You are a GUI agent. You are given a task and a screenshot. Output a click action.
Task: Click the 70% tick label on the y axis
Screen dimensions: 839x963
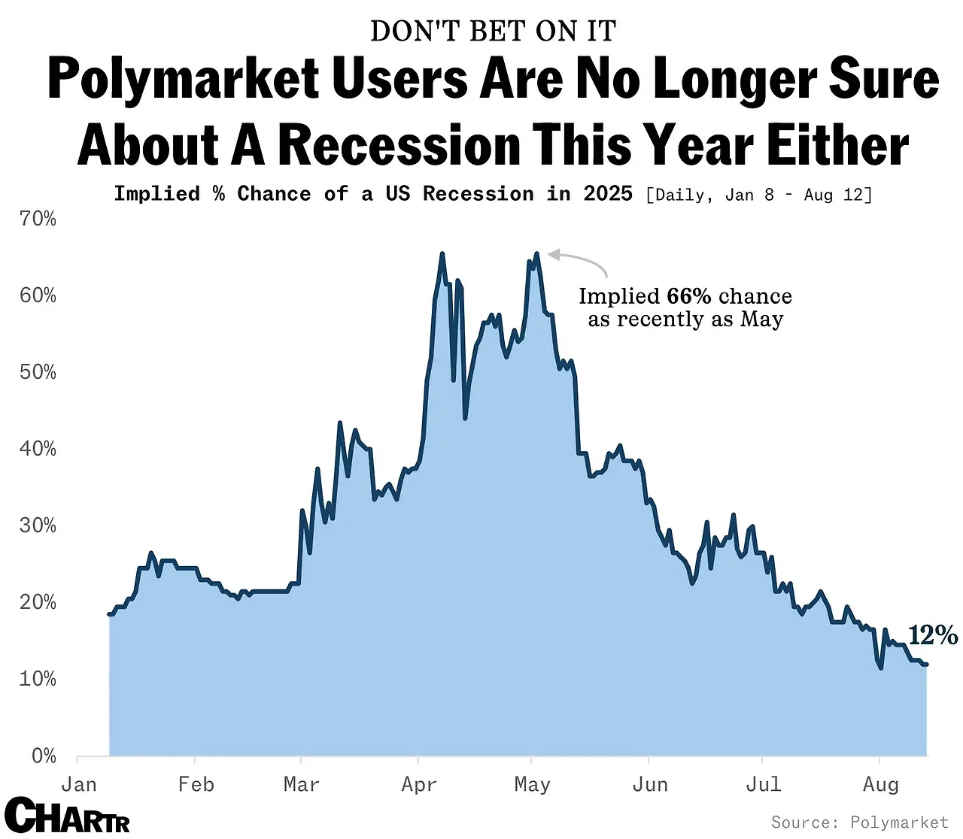tap(38, 219)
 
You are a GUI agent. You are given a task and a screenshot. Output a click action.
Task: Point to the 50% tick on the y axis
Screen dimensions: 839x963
tap(38, 372)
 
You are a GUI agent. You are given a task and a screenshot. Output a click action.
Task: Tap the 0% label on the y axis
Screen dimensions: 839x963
tap(44, 756)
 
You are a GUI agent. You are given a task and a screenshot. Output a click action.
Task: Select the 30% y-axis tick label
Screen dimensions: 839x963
tap(38, 526)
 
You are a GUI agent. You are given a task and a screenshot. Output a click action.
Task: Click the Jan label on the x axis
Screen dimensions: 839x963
tap(79, 784)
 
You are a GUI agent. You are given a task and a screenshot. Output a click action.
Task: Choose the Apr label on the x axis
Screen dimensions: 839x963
tap(419, 784)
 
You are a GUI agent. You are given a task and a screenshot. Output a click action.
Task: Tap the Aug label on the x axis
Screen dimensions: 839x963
tap(880, 784)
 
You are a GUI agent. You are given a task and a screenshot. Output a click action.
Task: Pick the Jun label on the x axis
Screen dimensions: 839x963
tap(650, 784)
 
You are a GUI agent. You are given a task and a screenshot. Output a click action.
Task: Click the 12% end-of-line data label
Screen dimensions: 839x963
tap(933, 635)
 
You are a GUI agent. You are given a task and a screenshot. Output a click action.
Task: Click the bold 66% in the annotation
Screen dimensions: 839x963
tap(688, 296)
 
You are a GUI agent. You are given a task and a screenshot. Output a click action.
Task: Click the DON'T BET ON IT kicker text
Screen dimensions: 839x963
tap(494, 31)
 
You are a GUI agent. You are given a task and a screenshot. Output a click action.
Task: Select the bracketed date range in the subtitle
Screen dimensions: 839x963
tap(759, 195)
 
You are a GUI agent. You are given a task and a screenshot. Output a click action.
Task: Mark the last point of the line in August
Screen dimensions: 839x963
tap(926, 664)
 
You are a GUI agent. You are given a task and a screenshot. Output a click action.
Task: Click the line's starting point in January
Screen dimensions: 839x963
tap(110, 614)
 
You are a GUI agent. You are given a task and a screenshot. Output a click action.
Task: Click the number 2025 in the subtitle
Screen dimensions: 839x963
tap(608, 194)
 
